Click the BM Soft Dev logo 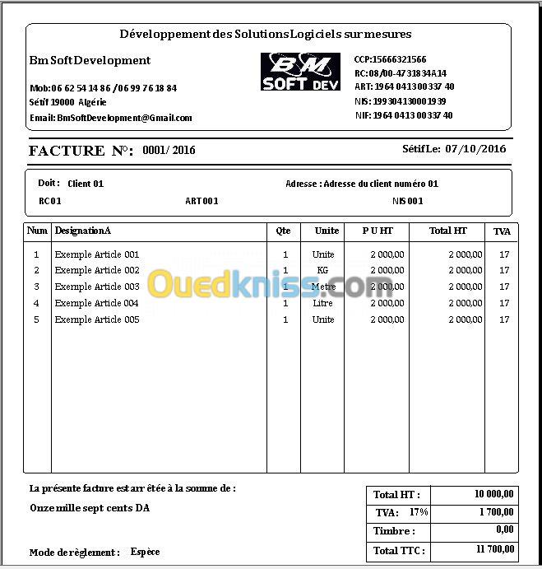coord(300,72)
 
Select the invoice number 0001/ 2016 coord(169,150)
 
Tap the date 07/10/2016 coord(475,149)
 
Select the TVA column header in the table coord(502,232)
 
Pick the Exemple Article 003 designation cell coord(97,287)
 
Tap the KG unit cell coord(323,270)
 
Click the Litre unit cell coord(323,303)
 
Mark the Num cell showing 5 coord(36,319)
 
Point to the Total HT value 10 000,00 coord(494,494)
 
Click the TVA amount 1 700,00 coord(497,512)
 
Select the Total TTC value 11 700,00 coord(495,549)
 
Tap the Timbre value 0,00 coord(504,530)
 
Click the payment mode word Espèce coord(145,552)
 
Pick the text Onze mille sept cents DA coord(90,508)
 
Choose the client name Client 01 coord(86,184)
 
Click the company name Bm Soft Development coord(90,60)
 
